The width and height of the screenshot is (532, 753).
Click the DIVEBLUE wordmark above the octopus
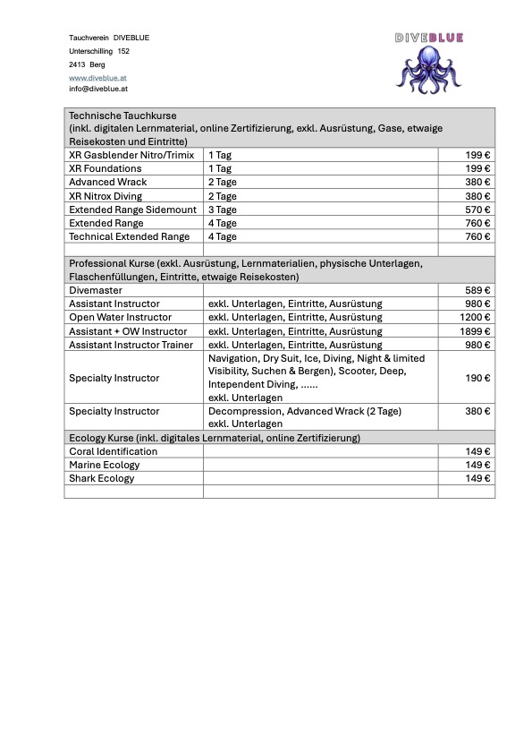[x=428, y=38]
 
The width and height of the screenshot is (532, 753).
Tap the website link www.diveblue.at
[x=97, y=78]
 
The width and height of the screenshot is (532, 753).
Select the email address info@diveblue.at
[x=97, y=90]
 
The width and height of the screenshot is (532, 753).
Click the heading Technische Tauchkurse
[x=122, y=116]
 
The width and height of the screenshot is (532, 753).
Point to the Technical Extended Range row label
[x=129, y=236]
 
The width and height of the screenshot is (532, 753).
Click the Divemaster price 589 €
[x=479, y=290]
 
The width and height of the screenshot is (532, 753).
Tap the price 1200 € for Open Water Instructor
[x=476, y=317]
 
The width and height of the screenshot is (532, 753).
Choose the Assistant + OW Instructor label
[x=128, y=331]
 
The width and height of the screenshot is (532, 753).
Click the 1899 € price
[x=476, y=331]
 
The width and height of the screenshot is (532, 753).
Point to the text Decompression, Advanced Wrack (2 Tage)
[x=304, y=411]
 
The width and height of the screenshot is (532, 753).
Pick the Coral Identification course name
[x=113, y=451]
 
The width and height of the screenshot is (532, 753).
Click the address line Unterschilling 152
[x=99, y=52]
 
